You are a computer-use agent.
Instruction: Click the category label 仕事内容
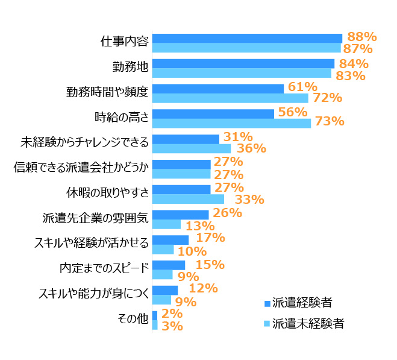(124, 42)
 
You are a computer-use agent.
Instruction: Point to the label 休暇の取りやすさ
(107, 193)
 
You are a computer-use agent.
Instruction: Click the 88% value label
(361, 36)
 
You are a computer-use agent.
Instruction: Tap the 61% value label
(302, 87)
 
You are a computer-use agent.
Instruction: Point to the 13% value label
(200, 226)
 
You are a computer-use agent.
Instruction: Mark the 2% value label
(172, 314)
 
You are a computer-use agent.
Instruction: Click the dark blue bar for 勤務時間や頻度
(217, 89)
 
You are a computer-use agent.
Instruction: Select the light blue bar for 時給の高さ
(231, 123)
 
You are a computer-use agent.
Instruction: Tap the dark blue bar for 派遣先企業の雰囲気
(180, 215)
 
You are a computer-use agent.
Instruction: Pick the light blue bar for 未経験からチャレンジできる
(192, 148)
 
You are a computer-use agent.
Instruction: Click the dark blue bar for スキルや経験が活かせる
(170, 240)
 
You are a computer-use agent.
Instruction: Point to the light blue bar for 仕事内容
(246, 48)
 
